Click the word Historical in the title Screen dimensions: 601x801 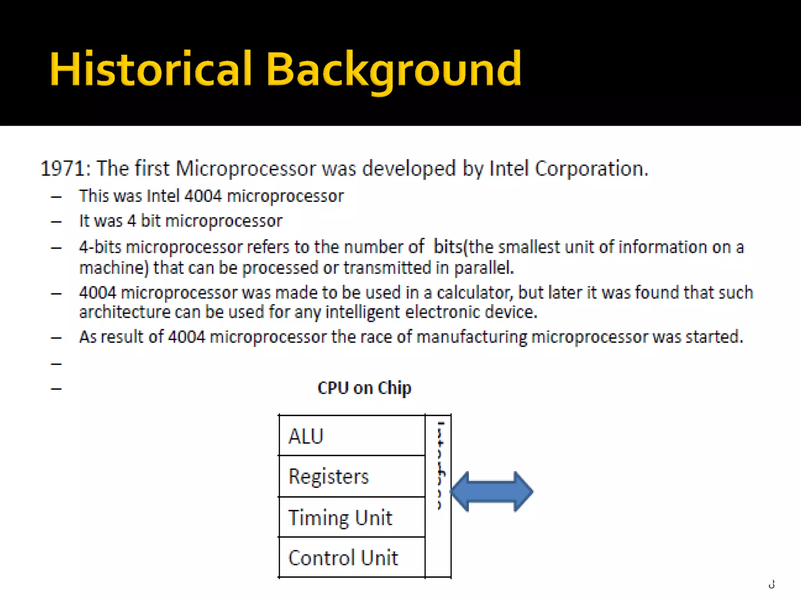151,70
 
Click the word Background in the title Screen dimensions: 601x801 393,70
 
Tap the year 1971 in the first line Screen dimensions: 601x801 63,169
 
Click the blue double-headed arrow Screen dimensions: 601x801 492,491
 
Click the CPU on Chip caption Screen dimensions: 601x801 364,388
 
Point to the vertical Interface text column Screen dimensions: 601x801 440,466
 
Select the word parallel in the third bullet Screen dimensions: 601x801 483,268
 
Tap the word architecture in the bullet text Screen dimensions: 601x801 124,312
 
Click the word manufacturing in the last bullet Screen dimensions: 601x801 472,337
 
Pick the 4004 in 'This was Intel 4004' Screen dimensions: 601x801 203,196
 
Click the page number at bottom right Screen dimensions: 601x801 771,585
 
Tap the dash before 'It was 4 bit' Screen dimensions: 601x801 56,222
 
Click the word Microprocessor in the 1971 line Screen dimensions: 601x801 245,169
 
